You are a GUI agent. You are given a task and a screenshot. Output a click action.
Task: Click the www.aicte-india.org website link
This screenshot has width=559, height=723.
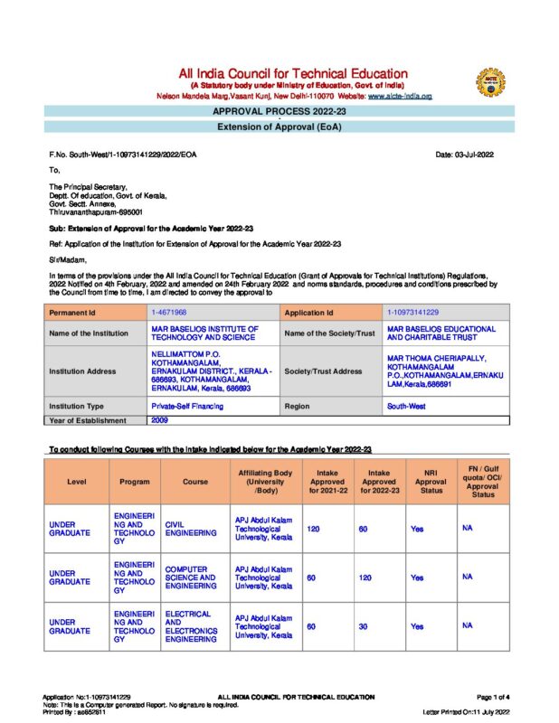pyautogui.click(x=399, y=95)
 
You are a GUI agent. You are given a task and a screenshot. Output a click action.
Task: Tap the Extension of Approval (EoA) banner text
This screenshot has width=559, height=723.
pyautogui.click(x=279, y=127)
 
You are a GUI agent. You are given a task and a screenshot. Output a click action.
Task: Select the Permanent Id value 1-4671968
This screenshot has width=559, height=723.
pyautogui.click(x=170, y=312)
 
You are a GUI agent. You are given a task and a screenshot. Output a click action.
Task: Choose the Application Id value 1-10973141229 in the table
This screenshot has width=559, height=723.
pyautogui.click(x=413, y=312)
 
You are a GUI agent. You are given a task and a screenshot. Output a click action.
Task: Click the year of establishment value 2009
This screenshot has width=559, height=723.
pyautogui.click(x=159, y=420)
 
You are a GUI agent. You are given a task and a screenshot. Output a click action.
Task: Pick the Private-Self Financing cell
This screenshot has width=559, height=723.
pyautogui.click(x=187, y=407)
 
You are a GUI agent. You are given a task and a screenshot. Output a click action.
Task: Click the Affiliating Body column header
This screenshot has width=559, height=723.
pyautogui.click(x=264, y=482)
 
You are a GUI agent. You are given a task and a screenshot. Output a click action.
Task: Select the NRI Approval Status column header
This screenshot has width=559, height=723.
pyautogui.click(x=431, y=482)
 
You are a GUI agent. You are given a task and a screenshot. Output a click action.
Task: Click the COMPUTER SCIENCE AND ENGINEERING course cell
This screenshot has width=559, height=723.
pyautogui.click(x=190, y=577)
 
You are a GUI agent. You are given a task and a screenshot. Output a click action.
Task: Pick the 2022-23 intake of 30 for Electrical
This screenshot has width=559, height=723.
pyautogui.click(x=363, y=624)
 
